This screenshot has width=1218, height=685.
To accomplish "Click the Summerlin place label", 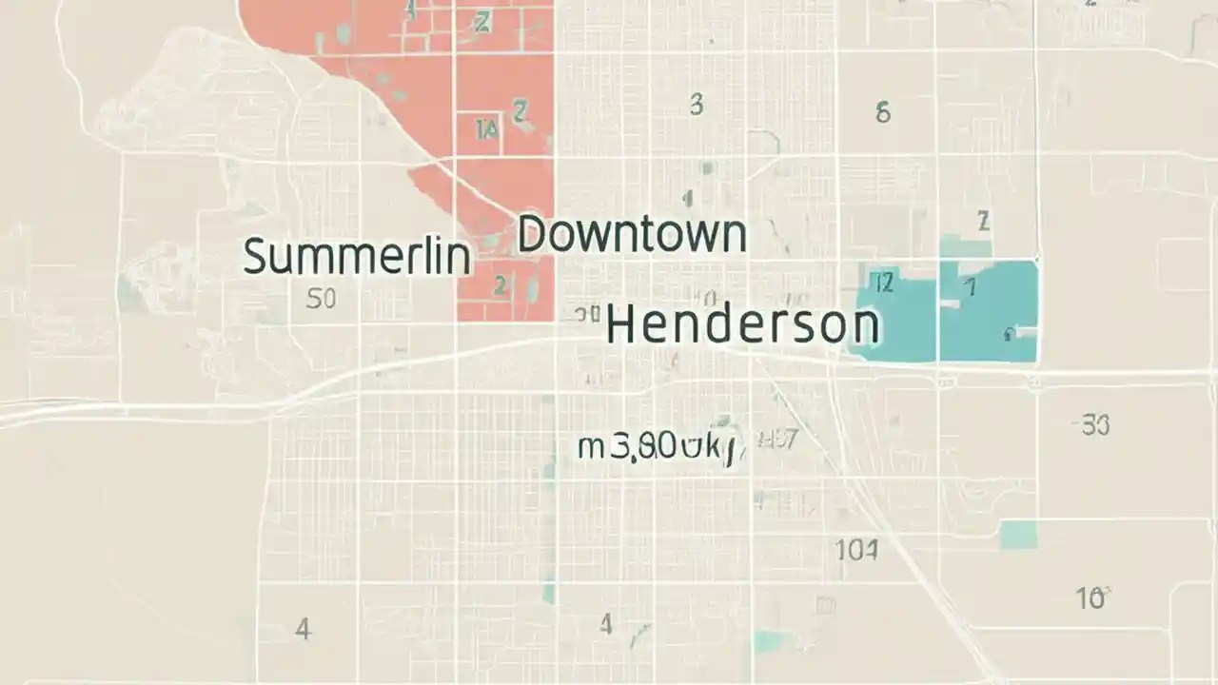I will point(357,256).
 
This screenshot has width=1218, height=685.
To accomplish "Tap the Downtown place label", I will point(631,234).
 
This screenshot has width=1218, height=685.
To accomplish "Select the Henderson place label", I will point(742,325).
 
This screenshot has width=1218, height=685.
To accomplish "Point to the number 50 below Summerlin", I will point(321,300).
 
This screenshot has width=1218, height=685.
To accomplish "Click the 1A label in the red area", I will point(485,129).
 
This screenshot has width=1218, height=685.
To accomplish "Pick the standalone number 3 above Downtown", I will point(697,105).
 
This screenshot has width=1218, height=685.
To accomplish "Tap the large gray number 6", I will point(883,113).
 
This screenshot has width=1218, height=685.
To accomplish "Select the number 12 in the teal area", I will point(883,283).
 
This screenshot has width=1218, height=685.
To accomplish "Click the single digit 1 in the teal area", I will point(971,287).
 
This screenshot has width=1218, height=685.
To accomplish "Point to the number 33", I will point(1095,425).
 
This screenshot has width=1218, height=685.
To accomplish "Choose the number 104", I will point(856,550).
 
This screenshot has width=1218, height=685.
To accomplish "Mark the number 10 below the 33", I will point(1090,598).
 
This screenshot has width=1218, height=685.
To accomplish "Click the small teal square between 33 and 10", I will point(1018,534).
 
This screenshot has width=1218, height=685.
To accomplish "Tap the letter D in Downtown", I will point(533,234).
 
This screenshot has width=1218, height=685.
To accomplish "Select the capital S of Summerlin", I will point(255,256).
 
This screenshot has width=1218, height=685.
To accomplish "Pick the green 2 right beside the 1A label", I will point(520,112).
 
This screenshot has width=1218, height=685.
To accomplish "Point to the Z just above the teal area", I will point(984,223).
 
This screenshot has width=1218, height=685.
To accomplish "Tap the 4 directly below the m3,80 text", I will point(605,624).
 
